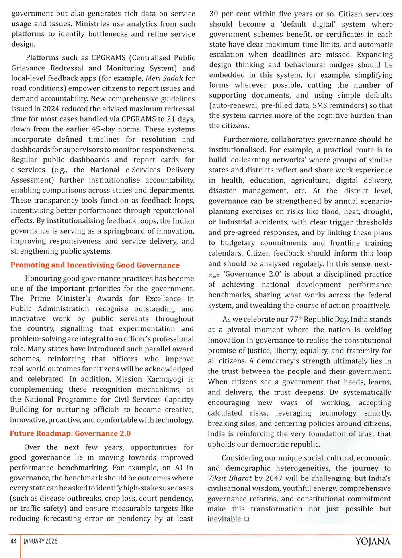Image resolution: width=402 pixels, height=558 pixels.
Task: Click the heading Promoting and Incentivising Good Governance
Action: click(95, 265)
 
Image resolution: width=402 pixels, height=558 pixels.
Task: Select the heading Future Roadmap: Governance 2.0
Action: click(70, 434)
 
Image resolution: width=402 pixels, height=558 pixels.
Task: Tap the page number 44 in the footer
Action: click(13, 541)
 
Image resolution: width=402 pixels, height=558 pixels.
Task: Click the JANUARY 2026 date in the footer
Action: click(41, 541)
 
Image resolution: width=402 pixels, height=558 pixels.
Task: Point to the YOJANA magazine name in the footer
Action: click(372, 542)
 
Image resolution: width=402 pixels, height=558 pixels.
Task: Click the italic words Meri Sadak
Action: click(164, 78)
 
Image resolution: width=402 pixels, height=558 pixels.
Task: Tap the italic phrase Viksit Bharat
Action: click(230, 478)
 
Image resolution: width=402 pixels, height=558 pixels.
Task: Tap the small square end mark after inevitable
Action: click(246, 519)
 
